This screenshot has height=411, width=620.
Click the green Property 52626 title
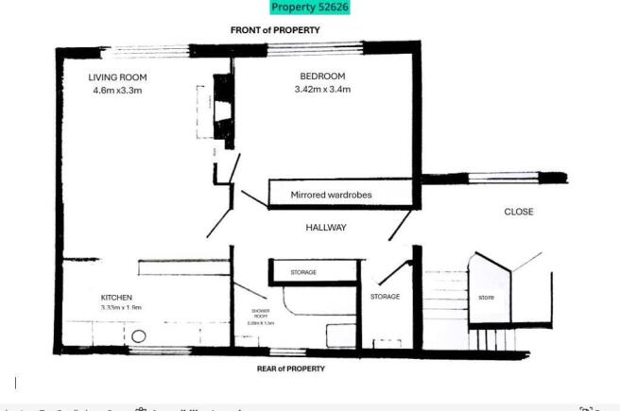point(310,8)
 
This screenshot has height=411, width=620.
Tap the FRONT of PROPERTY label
point(276,30)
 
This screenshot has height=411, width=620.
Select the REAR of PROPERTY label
point(291,368)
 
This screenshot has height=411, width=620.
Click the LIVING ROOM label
point(118,77)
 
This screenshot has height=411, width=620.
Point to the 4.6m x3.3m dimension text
point(117,91)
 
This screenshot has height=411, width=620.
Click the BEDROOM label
point(322,77)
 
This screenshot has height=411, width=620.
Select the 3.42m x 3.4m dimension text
point(322,91)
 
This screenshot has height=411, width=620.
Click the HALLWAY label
point(326,228)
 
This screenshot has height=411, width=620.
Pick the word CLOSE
point(518,212)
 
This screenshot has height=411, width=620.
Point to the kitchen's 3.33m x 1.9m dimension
point(120,308)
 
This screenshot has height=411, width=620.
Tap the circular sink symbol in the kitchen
point(139,335)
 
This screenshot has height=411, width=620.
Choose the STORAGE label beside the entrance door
point(384,297)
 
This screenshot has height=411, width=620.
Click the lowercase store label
point(486,298)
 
